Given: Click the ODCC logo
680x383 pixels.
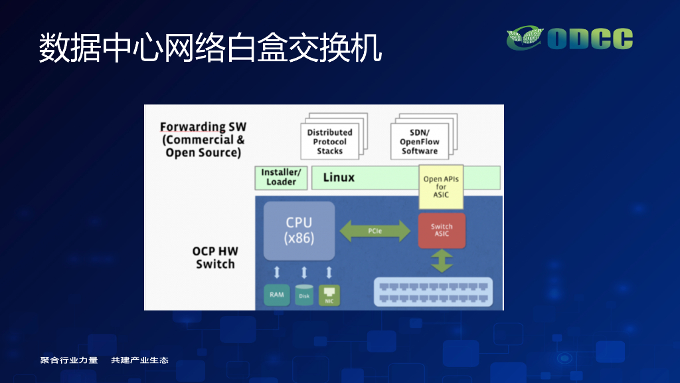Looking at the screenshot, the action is (569, 38).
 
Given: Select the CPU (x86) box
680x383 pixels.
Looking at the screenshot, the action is (299, 231).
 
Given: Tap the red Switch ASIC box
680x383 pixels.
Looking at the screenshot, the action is (442, 230).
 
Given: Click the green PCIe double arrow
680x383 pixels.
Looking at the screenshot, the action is (375, 231).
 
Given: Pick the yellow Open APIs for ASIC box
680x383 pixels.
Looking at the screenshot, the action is (441, 187).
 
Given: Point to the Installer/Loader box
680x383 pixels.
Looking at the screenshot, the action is (281, 178).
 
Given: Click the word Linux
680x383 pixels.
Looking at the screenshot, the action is (339, 178).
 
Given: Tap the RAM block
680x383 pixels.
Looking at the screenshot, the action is (277, 295).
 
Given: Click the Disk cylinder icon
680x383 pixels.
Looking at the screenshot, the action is (304, 295).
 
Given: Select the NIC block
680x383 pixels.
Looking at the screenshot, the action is (329, 295).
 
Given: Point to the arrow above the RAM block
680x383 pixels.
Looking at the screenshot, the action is (277, 272).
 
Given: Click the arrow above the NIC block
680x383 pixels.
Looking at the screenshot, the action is (329, 272).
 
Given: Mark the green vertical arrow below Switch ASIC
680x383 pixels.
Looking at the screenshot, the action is (442, 261).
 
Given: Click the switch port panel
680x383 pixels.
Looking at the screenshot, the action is (433, 292).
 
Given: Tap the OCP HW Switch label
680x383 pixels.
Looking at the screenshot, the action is (215, 257).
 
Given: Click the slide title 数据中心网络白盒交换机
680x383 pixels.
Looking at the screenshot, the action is (211, 47).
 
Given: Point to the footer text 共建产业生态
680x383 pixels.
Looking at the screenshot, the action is (139, 360).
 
